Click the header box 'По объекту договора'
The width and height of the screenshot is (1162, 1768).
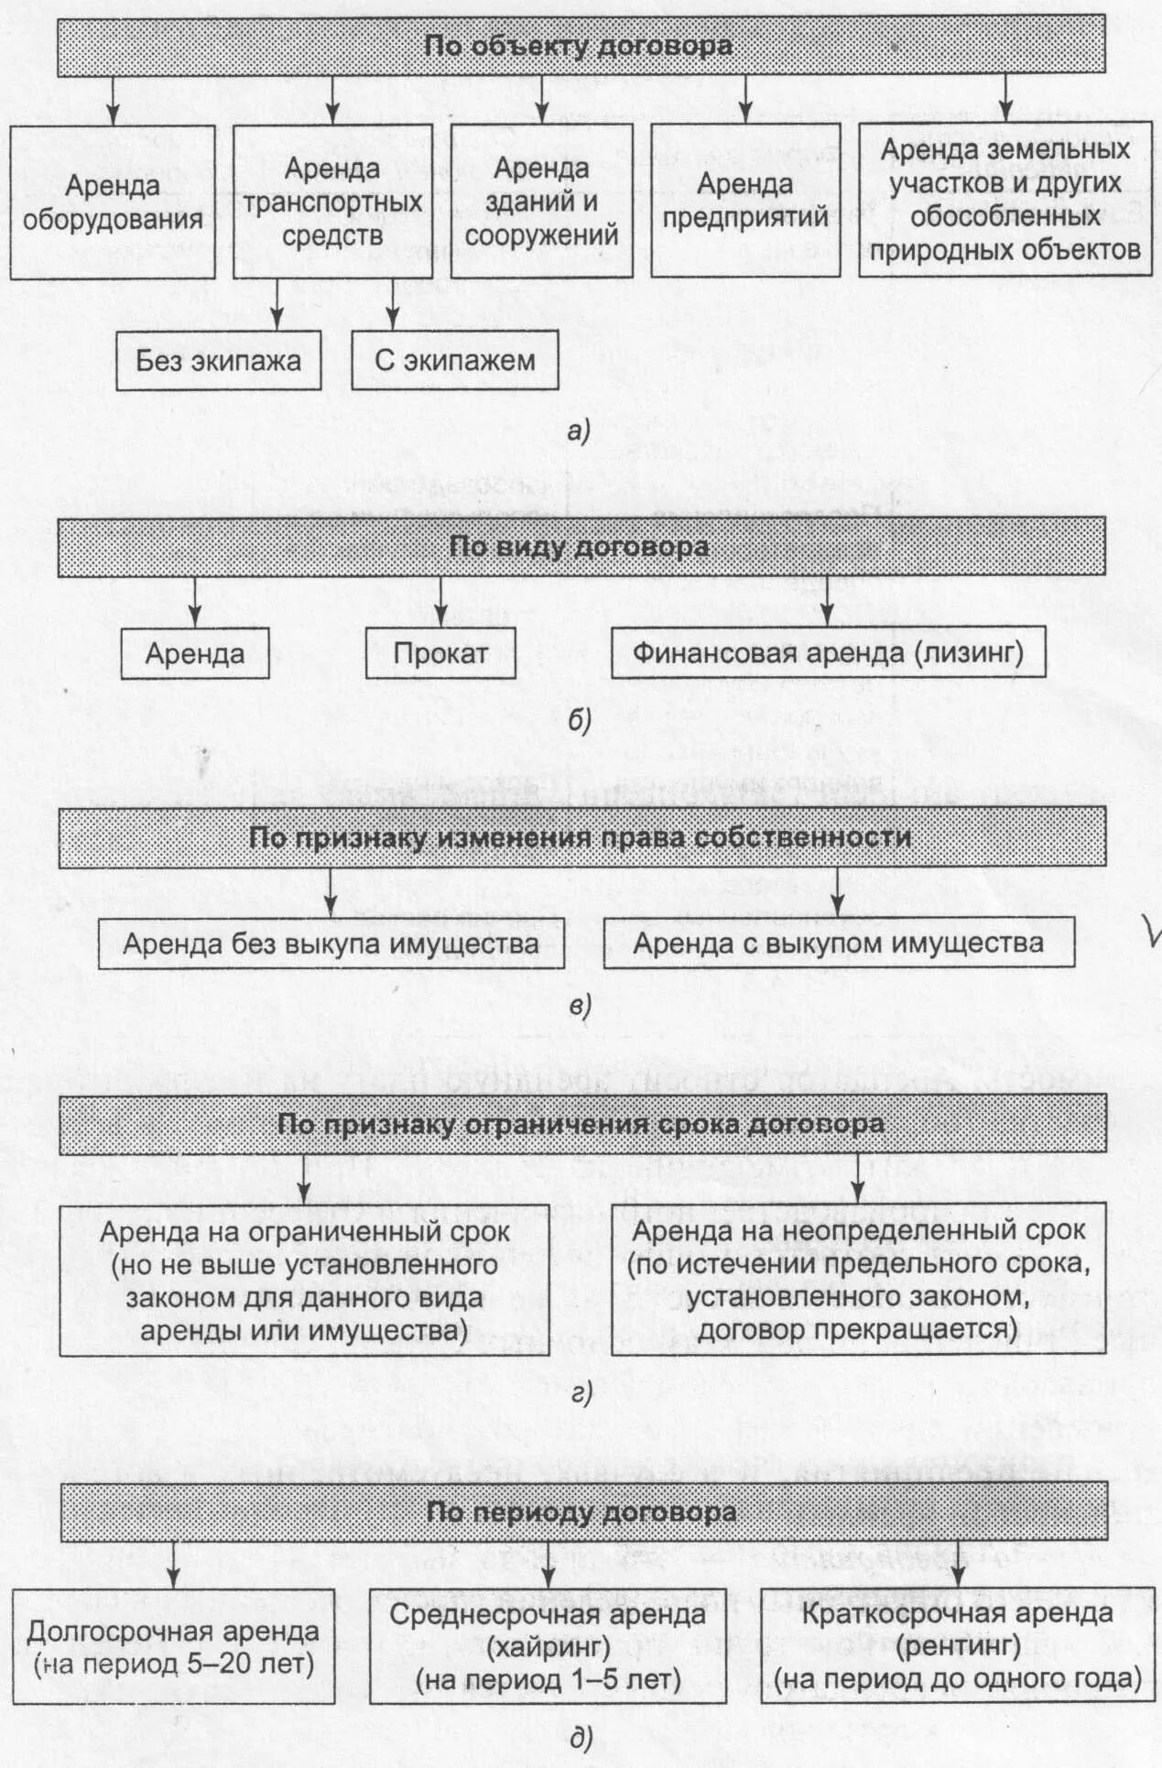[x=581, y=46]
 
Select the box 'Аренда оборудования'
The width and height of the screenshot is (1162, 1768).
[x=113, y=202]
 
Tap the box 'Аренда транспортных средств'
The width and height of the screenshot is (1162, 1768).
[x=332, y=202]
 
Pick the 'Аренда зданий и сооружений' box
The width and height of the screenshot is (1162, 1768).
[x=541, y=202]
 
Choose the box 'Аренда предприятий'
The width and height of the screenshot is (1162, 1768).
[x=744, y=202]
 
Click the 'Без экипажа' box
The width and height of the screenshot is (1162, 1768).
[x=219, y=361]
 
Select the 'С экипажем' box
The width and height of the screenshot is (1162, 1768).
[x=454, y=361]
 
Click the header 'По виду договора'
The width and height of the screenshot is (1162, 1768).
[x=581, y=547]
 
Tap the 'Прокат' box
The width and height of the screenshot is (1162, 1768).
[x=440, y=653]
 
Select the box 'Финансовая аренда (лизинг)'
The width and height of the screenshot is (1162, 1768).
[x=828, y=652]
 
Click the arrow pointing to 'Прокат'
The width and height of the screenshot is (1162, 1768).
[x=440, y=601]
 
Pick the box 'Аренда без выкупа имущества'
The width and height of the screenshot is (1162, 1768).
[x=331, y=944]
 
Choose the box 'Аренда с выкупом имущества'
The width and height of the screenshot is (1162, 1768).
[x=838, y=943]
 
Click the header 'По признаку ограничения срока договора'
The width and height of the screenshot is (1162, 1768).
[x=582, y=1124]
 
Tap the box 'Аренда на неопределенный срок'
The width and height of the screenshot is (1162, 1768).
[x=858, y=1280]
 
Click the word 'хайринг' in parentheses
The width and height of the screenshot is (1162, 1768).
[x=548, y=1646]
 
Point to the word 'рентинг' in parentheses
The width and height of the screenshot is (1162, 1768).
[x=958, y=1645]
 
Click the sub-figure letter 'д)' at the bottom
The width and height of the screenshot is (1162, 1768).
[x=581, y=1738]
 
